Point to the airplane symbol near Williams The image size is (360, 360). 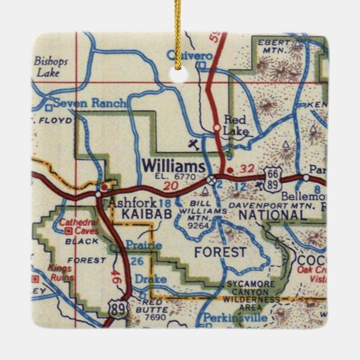click(193, 145)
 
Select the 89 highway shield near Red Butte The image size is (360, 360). click(118, 311)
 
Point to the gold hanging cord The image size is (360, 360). click(177, 28)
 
